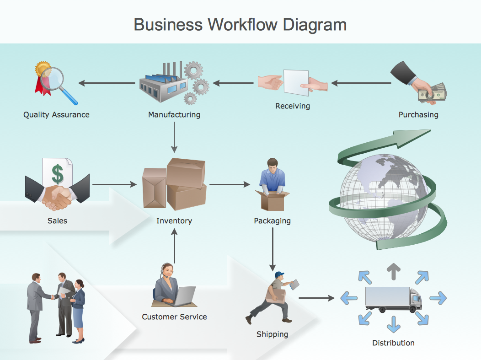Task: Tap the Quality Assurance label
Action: [56, 115]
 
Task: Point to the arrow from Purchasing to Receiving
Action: [361, 83]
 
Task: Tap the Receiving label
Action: [293, 106]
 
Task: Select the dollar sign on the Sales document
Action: [57, 174]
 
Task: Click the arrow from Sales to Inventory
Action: [114, 184]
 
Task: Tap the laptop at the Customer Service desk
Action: [184, 296]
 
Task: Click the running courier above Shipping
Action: [272, 297]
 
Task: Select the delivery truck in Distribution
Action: [393, 299]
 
